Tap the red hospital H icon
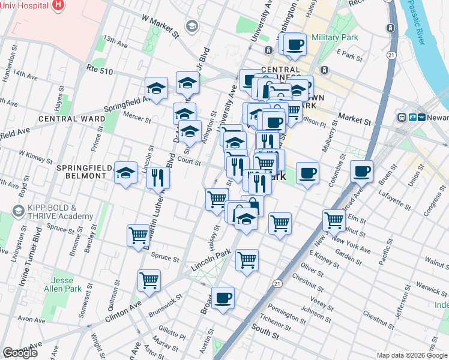pos(58,5)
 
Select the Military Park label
pos(335,37)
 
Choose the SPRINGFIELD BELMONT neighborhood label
pos(85,172)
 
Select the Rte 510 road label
pos(99,70)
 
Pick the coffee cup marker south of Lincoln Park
pos(223,298)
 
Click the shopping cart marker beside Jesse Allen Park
pos(149,280)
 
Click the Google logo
pos(20,353)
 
